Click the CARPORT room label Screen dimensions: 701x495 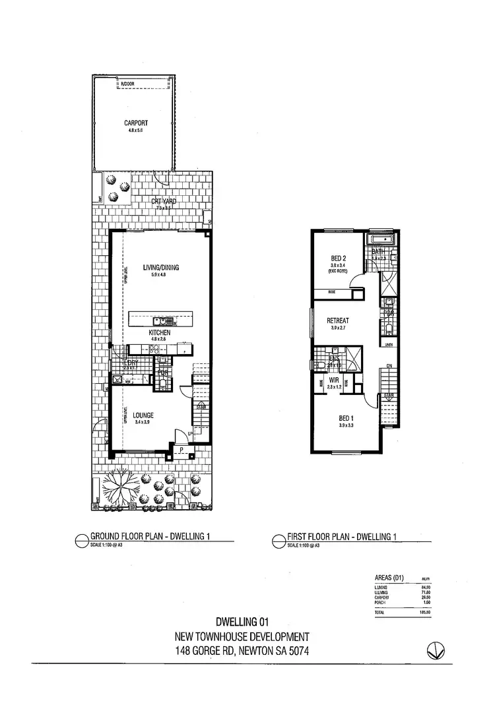tap(135, 123)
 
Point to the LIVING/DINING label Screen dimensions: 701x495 tap(161, 267)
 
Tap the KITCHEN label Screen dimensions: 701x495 tap(160, 334)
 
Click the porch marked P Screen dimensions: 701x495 tap(180, 451)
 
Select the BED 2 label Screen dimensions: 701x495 tap(339, 258)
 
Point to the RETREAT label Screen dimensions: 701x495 tap(338, 321)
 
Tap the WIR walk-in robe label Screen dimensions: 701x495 tap(335, 380)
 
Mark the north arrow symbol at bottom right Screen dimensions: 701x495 tap(434, 649)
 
